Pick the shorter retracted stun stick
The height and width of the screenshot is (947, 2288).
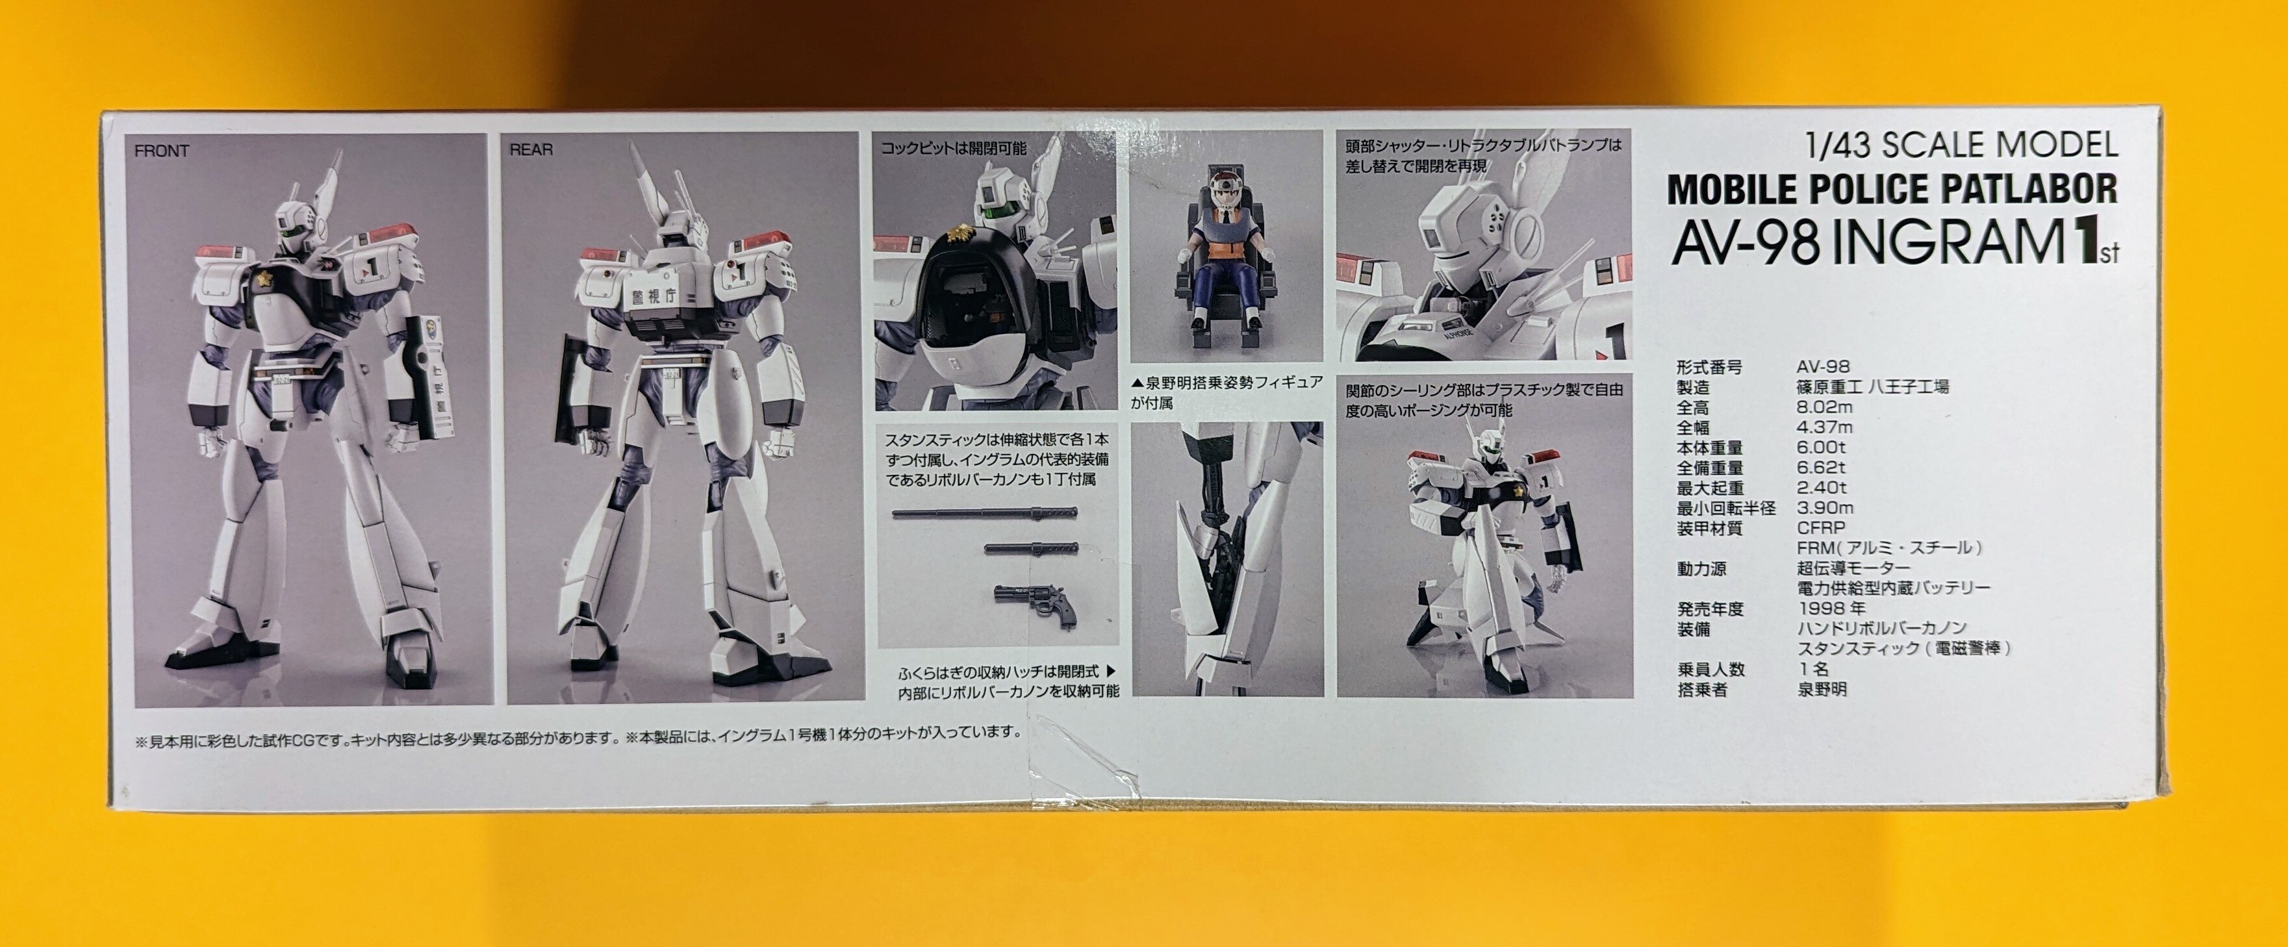(1031, 549)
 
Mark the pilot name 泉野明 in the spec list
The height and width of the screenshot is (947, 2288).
(1822, 688)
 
